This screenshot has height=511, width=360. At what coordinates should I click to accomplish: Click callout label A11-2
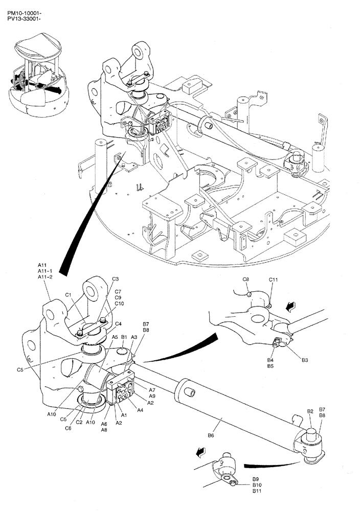click(x=46, y=277)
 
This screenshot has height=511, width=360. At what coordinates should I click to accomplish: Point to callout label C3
click(x=116, y=279)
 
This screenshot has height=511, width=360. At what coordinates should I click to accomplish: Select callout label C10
click(x=119, y=304)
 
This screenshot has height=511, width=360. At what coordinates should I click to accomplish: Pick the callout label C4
click(x=118, y=323)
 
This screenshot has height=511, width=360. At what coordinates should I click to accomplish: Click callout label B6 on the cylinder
click(x=211, y=435)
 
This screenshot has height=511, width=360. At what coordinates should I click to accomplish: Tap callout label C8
click(x=245, y=280)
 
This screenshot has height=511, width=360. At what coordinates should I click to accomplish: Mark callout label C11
click(x=274, y=280)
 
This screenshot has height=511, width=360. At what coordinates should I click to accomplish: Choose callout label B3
click(x=305, y=360)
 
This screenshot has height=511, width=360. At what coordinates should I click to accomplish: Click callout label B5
click(x=271, y=366)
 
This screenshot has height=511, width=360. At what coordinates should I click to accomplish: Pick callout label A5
click(x=115, y=337)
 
